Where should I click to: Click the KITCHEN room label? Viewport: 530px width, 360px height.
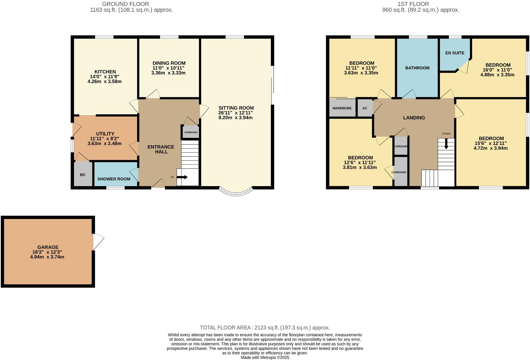[x=105, y=72]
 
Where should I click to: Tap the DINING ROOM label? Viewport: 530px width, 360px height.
[x=169, y=63]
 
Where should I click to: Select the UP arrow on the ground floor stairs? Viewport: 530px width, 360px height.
[x=182, y=177]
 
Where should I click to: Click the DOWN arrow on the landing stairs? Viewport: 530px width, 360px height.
[x=446, y=144]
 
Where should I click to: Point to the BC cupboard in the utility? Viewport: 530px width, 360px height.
[x=83, y=174]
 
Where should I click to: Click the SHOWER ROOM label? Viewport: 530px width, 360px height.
[x=114, y=179]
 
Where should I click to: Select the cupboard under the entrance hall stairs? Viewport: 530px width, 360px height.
[x=191, y=132]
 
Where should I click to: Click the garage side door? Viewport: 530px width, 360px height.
[x=98, y=241]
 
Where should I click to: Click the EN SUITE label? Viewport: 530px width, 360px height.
[x=455, y=53]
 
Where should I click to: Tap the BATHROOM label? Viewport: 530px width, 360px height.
[x=417, y=68]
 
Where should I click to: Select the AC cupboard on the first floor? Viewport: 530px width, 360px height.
[x=365, y=108]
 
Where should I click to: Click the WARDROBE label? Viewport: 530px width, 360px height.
[x=342, y=108]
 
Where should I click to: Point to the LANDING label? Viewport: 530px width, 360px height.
[x=414, y=118]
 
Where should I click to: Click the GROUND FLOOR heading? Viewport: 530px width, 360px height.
[x=126, y=4]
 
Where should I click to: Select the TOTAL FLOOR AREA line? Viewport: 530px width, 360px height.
[x=265, y=328]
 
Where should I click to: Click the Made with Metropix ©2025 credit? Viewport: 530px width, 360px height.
[x=265, y=357]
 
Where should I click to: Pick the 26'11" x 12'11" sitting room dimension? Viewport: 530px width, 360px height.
[x=235, y=113]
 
